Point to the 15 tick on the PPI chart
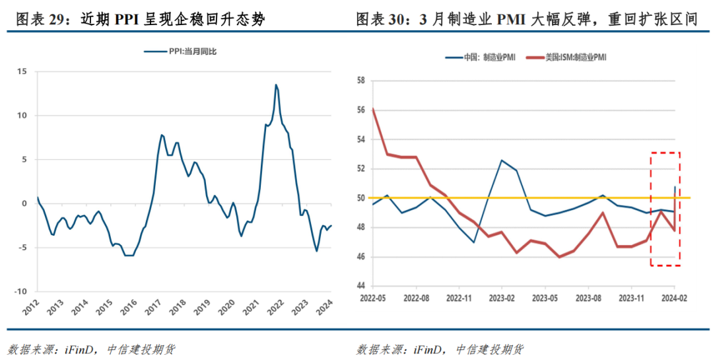22,71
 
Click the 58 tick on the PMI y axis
360,81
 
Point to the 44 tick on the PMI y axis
360,286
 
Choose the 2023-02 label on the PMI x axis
502,299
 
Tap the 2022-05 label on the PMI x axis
373,299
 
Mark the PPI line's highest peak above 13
275,85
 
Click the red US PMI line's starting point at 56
374,109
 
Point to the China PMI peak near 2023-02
502,160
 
